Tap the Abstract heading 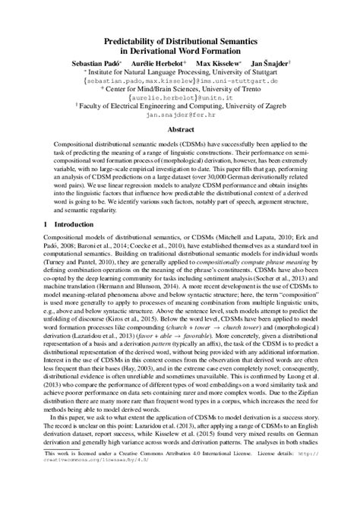click(179, 130)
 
